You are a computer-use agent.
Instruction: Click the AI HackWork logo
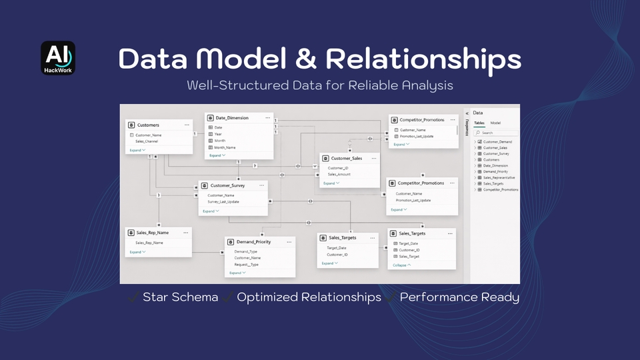58,58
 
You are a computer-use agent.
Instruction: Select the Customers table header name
148,125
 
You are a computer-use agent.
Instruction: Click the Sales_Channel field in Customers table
148,141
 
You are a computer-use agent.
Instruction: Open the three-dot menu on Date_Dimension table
267,117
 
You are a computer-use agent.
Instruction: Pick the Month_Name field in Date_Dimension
225,147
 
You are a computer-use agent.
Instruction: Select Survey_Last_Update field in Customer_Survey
223,201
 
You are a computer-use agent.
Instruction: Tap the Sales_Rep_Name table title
152,233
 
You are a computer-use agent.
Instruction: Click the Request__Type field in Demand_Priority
246,265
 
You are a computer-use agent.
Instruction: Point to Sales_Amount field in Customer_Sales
339,174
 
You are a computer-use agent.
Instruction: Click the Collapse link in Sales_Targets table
401,265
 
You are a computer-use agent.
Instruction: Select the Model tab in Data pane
495,123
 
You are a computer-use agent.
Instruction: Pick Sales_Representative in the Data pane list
500,178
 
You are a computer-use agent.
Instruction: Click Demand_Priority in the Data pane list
495,172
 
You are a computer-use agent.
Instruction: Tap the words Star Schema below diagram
180,297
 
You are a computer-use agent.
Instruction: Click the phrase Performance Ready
459,297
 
